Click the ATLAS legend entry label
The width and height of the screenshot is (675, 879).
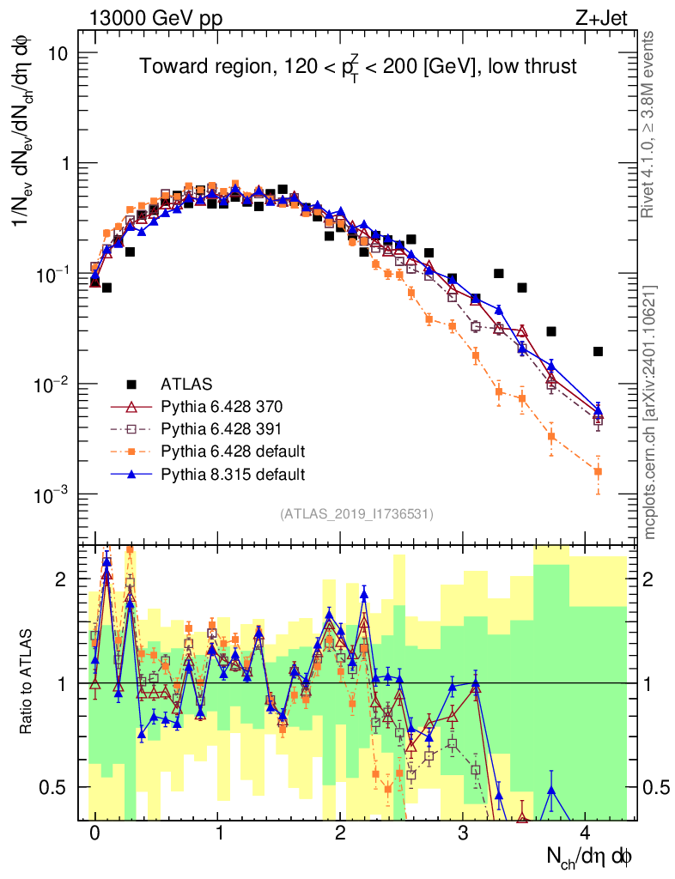pos(186,383)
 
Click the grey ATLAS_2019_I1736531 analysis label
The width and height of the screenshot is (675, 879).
pos(356,514)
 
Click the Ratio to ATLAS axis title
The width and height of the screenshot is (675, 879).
pos(28,683)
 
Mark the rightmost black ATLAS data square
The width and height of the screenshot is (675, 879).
pos(598,351)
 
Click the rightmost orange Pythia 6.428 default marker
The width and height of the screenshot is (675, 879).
pos(598,471)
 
